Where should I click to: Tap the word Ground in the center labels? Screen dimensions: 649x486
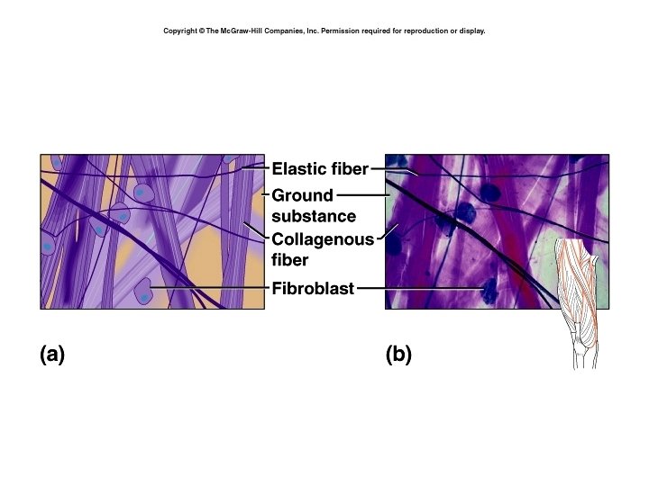[302, 195]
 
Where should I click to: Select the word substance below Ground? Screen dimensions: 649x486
[313, 216]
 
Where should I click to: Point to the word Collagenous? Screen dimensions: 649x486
[322, 240]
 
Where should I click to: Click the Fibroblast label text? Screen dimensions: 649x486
[313, 289]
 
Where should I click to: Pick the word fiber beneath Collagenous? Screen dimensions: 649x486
[289, 261]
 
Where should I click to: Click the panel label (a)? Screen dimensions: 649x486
[52, 355]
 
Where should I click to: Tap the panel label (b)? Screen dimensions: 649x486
[398, 355]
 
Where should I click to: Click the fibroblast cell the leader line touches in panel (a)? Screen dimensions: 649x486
[142, 290]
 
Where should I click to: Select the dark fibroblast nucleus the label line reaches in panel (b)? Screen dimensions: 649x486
[489, 289]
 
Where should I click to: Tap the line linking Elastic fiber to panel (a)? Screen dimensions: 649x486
[256, 167]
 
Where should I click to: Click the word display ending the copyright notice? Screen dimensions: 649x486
[472, 31]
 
